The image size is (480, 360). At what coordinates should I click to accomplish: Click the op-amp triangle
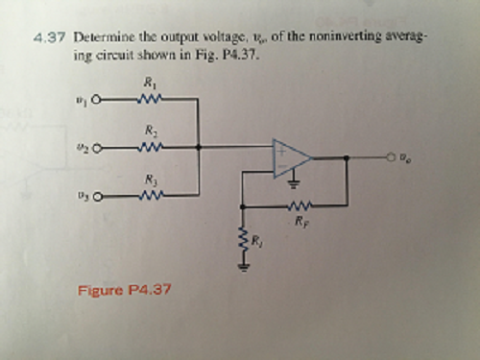click(289, 157)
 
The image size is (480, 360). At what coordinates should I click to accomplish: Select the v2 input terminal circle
click(96, 147)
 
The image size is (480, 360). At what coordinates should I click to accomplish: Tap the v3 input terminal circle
click(96, 196)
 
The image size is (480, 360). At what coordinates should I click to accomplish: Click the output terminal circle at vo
click(393, 157)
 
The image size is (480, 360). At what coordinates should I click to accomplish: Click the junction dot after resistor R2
click(198, 147)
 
